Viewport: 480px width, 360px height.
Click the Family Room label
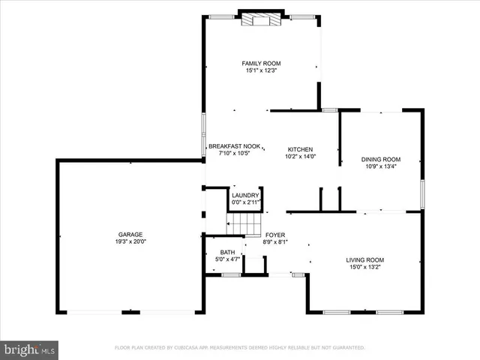tap(261, 63)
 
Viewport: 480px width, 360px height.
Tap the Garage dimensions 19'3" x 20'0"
tap(130, 242)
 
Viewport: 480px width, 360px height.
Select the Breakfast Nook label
tap(234, 145)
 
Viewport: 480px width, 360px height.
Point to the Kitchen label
tap(300, 149)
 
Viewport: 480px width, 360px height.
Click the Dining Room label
tap(381, 159)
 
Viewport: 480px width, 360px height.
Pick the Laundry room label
tap(245, 195)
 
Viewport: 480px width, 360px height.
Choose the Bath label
tap(228, 252)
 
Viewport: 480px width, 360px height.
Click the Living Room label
tap(364, 260)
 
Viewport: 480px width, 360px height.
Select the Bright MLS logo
tap(30, 349)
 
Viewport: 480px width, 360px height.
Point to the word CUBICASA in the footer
tap(191, 348)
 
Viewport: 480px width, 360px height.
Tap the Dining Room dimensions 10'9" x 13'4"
tap(381, 166)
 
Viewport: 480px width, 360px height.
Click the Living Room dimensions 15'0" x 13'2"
tap(364, 268)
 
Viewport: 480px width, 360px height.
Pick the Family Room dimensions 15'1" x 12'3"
tap(261, 70)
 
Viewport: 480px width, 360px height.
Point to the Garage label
tap(130, 235)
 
